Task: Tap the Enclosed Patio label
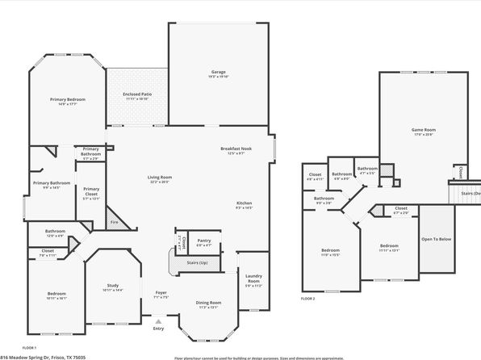137,94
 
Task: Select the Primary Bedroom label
68,99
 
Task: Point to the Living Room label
159,178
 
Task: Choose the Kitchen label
245,203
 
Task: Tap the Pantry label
203,241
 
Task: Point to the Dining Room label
208,303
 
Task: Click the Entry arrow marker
158,321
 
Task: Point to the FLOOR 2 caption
307,299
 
